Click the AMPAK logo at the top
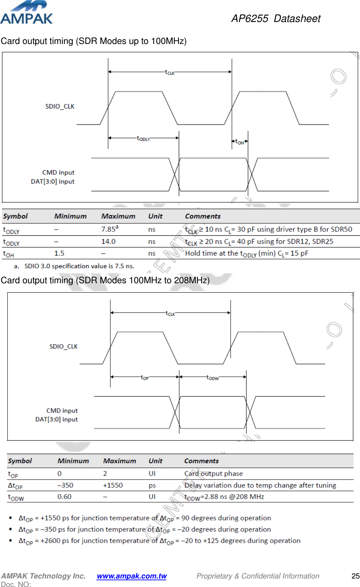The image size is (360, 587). (26, 13)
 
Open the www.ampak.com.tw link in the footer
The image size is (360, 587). (132, 576)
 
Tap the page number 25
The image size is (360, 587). (355, 576)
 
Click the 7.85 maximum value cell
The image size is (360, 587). (109, 229)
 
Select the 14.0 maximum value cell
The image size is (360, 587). (108, 241)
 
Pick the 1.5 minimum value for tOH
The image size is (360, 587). (59, 253)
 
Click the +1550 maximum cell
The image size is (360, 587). (113, 485)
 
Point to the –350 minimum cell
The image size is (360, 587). (65, 485)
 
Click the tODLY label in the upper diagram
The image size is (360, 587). (143, 138)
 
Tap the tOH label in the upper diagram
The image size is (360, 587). (240, 142)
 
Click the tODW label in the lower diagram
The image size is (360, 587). (212, 378)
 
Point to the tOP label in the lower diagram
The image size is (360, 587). (145, 378)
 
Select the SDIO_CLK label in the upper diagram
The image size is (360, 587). (60, 106)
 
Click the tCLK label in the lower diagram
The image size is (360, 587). (170, 313)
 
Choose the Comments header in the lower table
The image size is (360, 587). (201, 461)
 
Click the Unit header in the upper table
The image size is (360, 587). (155, 216)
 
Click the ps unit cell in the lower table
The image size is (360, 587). (152, 485)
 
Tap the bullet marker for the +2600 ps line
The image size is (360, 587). (11, 541)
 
